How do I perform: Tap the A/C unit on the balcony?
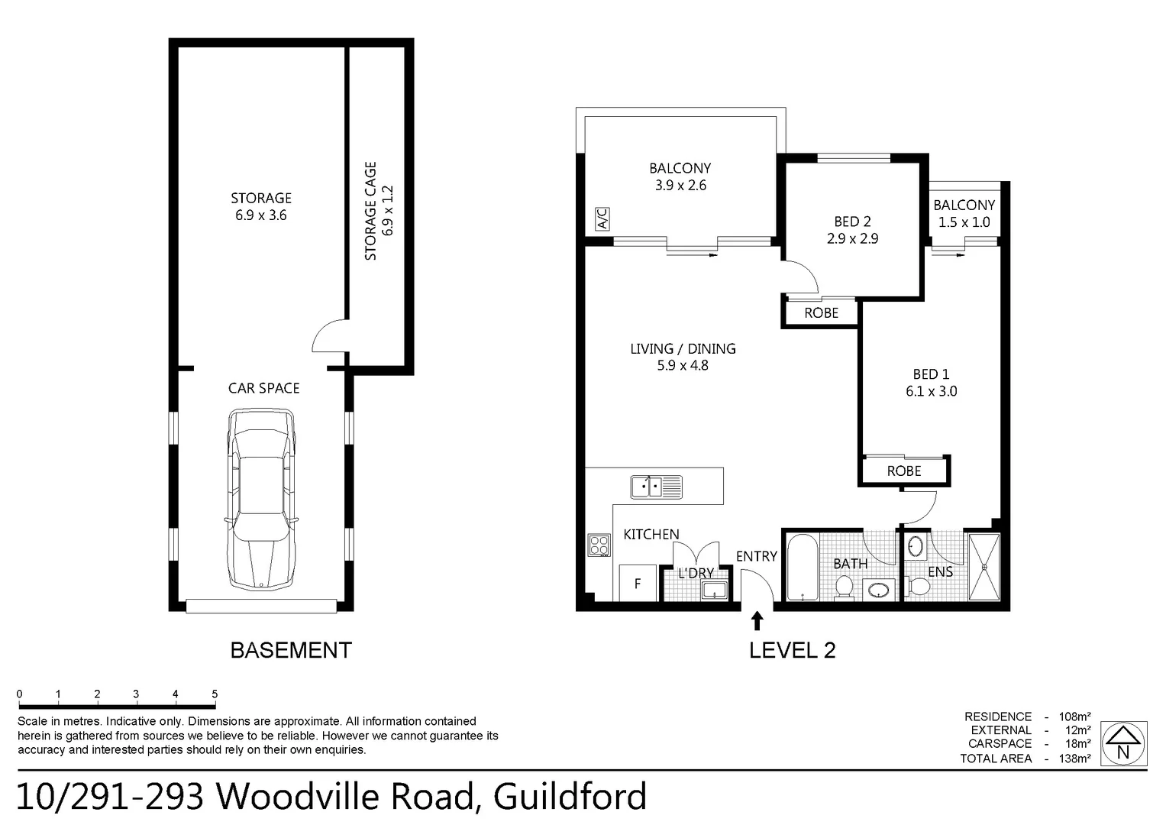click(602, 219)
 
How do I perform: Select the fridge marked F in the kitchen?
click(638, 583)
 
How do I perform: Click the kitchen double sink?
click(656, 487)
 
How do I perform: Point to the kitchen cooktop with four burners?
click(599, 545)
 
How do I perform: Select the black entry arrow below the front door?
click(757, 620)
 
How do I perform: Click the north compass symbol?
click(1123, 743)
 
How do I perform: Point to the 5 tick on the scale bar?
click(215, 694)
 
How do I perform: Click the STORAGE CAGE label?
click(371, 211)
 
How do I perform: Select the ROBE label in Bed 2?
click(821, 313)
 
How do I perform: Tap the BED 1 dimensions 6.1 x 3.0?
click(931, 391)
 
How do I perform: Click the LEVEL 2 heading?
click(792, 650)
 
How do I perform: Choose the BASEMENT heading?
click(291, 650)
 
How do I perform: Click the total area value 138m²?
click(1074, 759)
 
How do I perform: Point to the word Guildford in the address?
click(570, 797)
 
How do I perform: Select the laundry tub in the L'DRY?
click(714, 590)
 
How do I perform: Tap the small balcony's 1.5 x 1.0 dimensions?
click(964, 222)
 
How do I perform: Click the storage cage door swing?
click(328, 337)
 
